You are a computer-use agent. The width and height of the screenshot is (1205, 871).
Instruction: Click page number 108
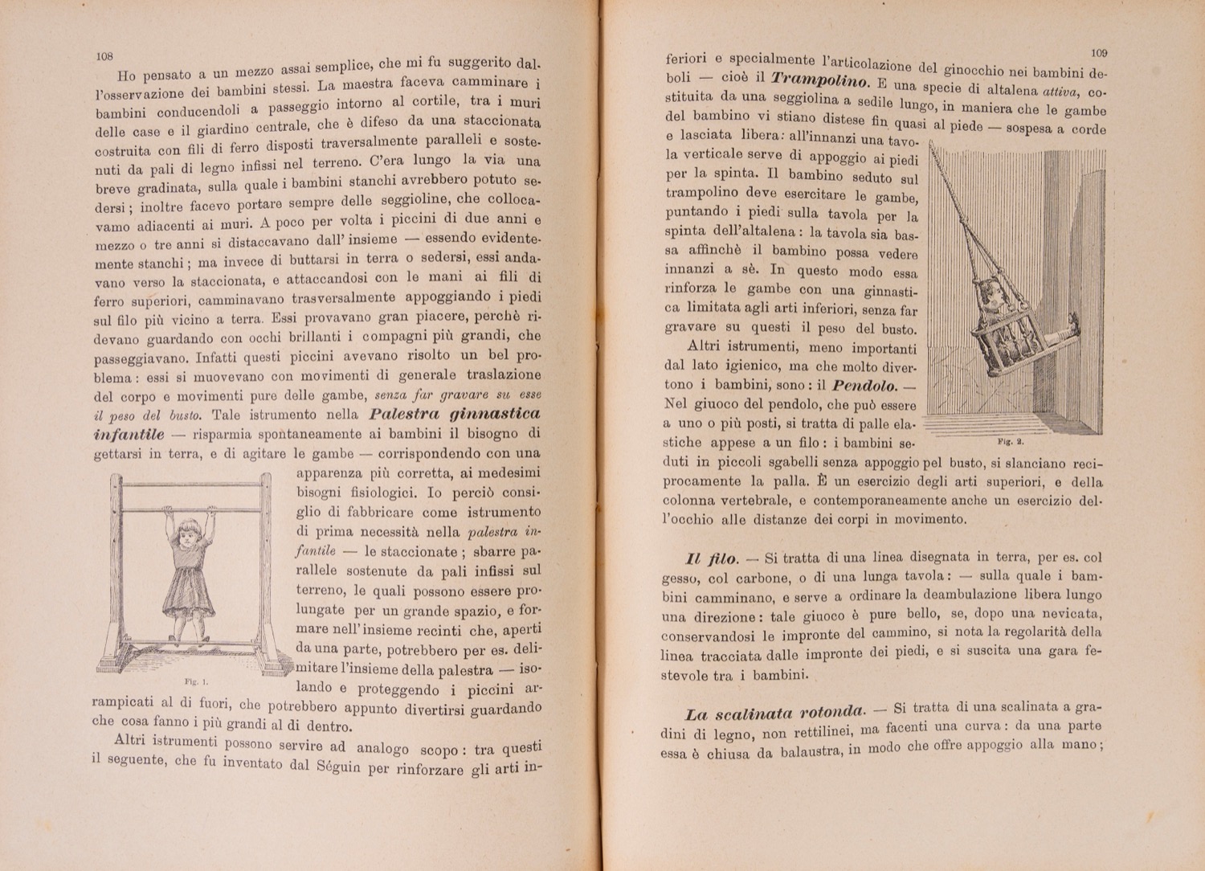pyautogui.click(x=104, y=57)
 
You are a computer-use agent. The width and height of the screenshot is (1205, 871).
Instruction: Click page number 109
pyautogui.click(x=1100, y=53)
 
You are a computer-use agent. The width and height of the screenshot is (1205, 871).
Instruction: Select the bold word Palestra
pyautogui.click(x=406, y=415)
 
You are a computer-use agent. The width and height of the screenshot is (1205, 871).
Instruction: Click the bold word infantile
pyautogui.click(x=129, y=435)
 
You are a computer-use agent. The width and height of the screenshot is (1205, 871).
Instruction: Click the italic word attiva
pyautogui.click(x=1053, y=91)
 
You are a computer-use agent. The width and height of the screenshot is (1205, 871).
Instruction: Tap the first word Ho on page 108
pyautogui.click(x=126, y=77)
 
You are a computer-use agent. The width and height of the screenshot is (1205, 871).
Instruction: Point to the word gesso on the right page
pyautogui.click(x=681, y=579)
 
